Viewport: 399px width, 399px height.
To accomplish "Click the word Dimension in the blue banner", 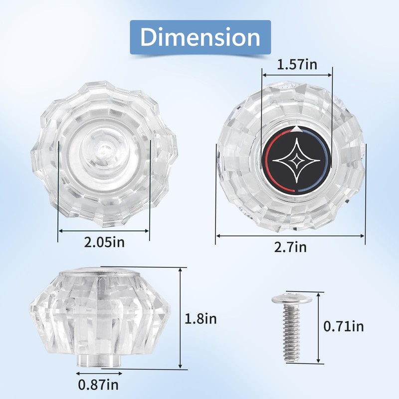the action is coord(200,37).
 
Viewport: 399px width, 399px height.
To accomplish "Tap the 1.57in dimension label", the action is coord(297,64).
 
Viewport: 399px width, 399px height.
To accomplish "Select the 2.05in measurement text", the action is coord(104,242).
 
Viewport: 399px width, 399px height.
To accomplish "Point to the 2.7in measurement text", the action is coord(290,247).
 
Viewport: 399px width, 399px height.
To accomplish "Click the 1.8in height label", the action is coord(200,319).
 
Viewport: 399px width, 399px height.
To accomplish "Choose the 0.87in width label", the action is coord(98,385).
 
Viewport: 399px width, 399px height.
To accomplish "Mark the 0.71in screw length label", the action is coord(344,327).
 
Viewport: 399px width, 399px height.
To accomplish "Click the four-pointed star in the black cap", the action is coord(296,160).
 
